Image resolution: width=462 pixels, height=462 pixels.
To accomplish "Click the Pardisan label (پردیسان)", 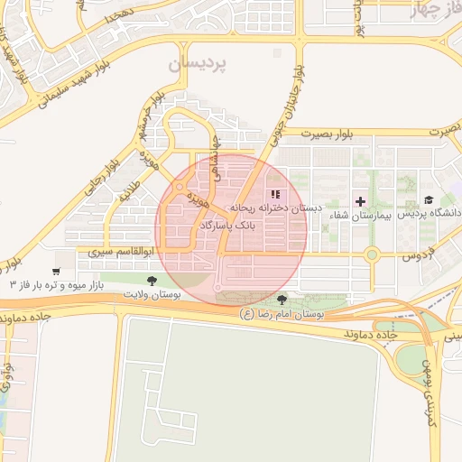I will pos(199,65).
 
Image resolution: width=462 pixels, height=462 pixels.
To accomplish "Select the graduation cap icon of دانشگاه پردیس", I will pos(428,200).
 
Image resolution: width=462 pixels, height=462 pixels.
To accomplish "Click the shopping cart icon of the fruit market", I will pos(56,271).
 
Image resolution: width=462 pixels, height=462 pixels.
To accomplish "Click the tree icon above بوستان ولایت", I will pos(151,281).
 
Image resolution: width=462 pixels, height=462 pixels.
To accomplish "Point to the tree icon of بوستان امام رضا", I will pos(282,299).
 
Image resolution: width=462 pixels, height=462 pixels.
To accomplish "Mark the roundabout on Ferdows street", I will pos(371,255).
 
